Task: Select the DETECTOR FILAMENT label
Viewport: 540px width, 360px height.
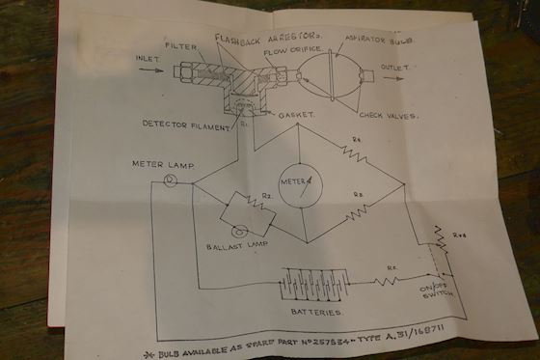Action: coord(186,125)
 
